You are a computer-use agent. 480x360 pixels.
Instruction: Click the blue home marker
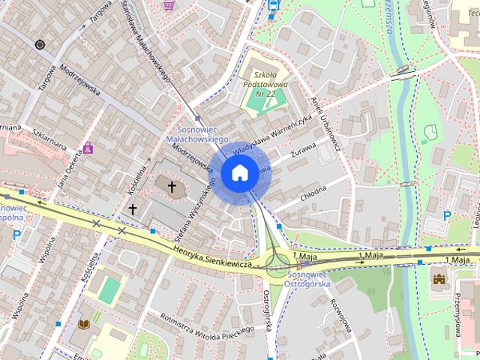[239, 173]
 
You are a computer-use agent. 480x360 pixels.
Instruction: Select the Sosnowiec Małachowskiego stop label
[196, 134]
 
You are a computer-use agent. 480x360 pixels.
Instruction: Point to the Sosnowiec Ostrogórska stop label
[307, 279]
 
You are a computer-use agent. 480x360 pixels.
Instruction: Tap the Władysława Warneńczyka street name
[272, 135]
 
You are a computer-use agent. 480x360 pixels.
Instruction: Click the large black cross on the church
[172, 186]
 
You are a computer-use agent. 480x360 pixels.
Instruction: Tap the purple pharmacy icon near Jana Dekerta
[88, 148]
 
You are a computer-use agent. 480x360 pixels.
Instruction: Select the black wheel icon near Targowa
[39, 44]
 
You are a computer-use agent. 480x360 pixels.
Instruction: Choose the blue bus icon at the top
[273, 4]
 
